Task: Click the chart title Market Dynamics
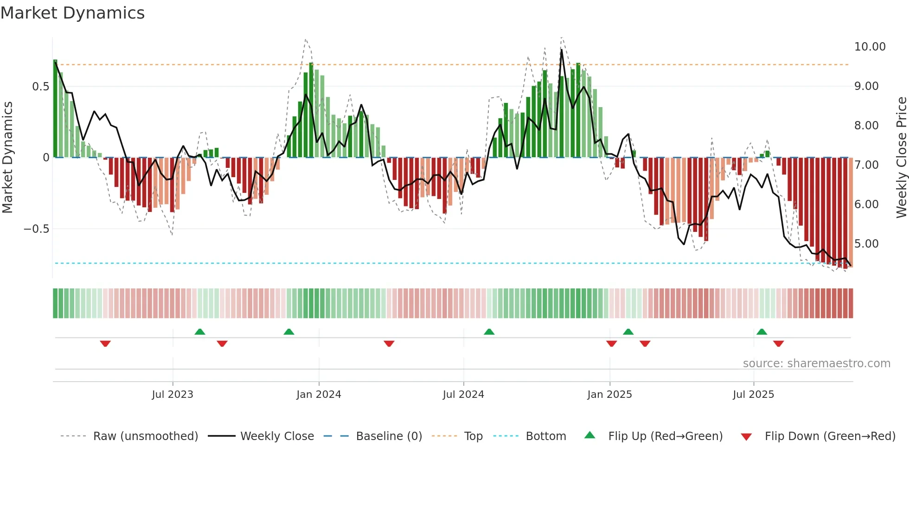[x=72, y=13]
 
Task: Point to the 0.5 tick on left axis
[x=40, y=87]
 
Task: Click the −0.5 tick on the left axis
[x=36, y=229]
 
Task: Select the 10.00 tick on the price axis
[x=870, y=47]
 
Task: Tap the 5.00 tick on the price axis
[x=866, y=244]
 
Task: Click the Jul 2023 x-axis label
[x=172, y=395]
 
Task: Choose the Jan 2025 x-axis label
[x=609, y=395]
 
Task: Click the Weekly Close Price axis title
[x=901, y=158]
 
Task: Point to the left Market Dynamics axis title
[x=7, y=158]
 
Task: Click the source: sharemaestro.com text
[x=816, y=364]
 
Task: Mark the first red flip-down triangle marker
[x=105, y=344]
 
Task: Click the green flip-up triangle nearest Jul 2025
[x=762, y=332]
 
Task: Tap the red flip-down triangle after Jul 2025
[x=778, y=344]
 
